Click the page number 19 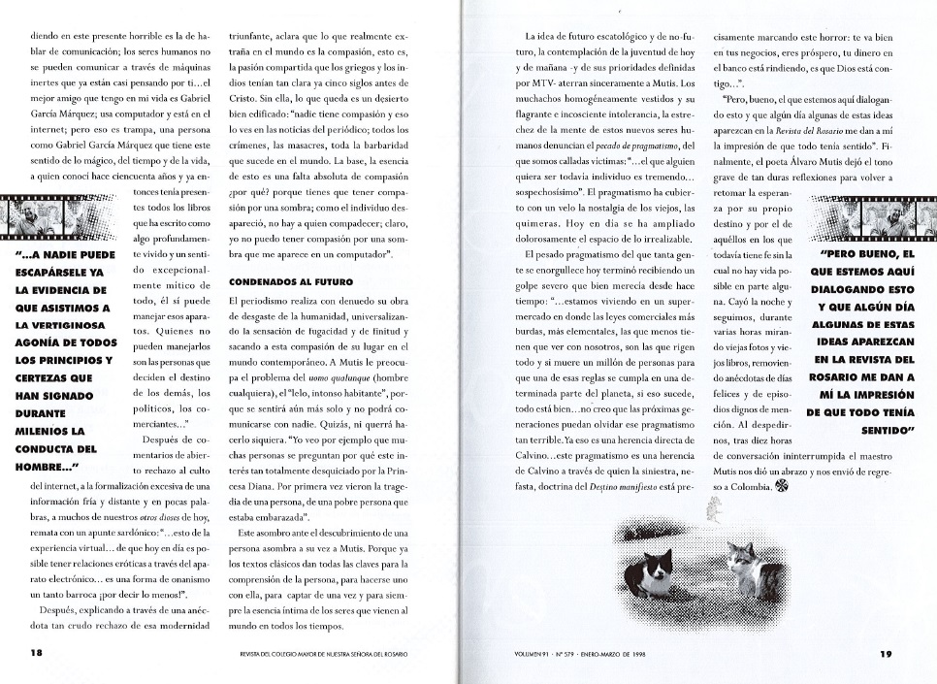(885, 653)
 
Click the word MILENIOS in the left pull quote (52, 430)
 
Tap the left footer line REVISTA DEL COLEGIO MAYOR (321, 654)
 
